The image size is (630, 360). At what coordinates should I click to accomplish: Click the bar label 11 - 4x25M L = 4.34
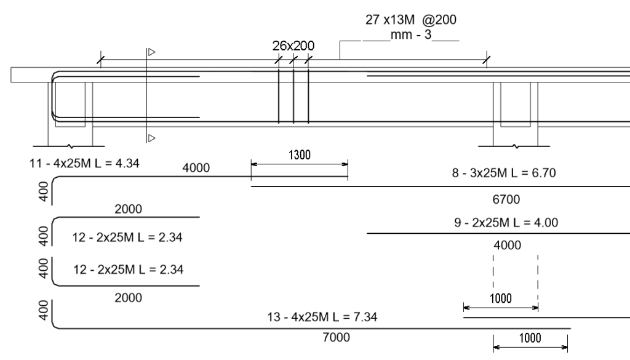84,164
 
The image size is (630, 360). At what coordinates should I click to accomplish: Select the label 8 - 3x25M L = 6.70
504,173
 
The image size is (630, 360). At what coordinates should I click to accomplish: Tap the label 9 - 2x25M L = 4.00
506,223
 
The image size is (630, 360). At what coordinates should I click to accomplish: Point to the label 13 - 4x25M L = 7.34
322,317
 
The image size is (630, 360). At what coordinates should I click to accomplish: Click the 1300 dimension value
300,155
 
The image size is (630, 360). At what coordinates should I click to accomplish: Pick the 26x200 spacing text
293,46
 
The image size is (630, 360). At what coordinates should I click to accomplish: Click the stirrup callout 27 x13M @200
410,20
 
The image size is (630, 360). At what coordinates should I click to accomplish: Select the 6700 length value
506,199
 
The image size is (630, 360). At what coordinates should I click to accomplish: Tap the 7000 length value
337,337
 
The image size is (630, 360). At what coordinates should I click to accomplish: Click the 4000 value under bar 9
507,246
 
